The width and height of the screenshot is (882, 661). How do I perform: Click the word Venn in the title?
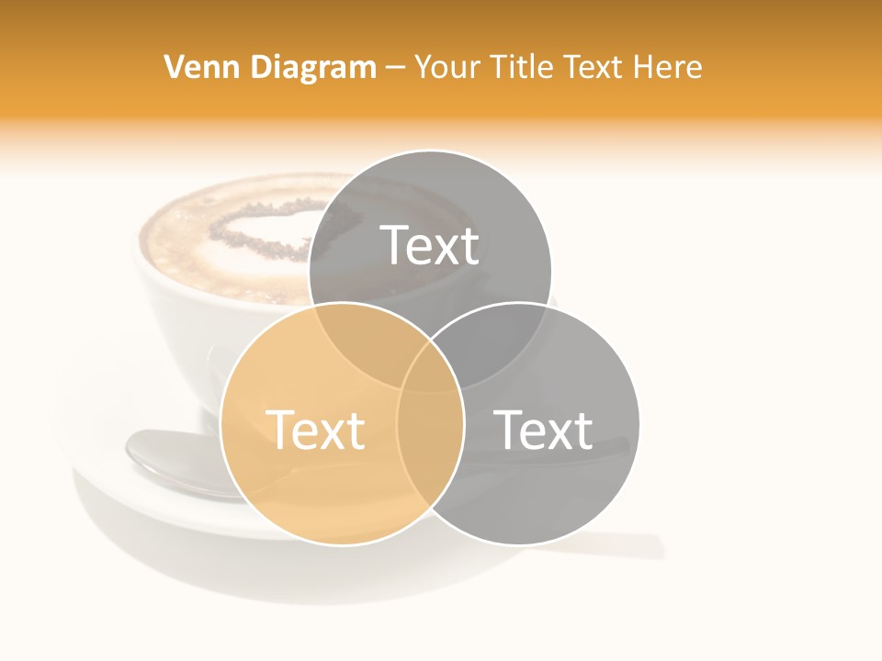click(195, 67)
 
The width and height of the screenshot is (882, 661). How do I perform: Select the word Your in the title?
click(446, 67)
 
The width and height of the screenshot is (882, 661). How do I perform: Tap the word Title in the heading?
click(521, 67)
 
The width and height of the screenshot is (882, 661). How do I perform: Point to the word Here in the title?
click(670, 67)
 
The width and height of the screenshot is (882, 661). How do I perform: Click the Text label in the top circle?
click(430, 245)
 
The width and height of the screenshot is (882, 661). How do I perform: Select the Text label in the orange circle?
click(315, 430)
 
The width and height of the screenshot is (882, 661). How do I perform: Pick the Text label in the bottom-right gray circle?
click(543, 430)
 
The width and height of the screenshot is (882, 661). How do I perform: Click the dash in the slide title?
click(395, 68)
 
